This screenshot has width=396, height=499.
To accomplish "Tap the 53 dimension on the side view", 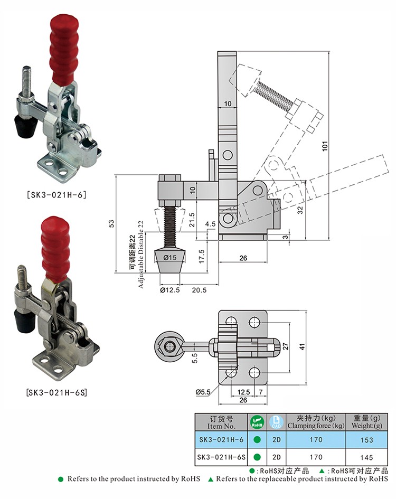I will pyautogui.click(x=111, y=224).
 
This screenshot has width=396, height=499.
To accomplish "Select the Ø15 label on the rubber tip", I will pyautogui.click(x=169, y=257).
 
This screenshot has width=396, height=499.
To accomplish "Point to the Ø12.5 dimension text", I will pyautogui.click(x=170, y=290).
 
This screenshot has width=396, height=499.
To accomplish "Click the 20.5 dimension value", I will pyautogui.click(x=199, y=290).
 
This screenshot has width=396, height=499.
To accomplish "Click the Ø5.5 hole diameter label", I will pyautogui.click(x=203, y=392).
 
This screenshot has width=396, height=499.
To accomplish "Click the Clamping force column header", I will pyautogui.click(x=316, y=422).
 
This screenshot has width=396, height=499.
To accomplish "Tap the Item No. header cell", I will pyautogui.click(x=222, y=422).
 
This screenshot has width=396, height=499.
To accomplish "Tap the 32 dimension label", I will pyautogui.click(x=300, y=209).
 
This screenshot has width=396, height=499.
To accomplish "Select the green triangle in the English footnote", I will pyautogui.click(x=211, y=479).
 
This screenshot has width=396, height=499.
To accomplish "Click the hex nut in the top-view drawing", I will pyautogui.click(x=168, y=346).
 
